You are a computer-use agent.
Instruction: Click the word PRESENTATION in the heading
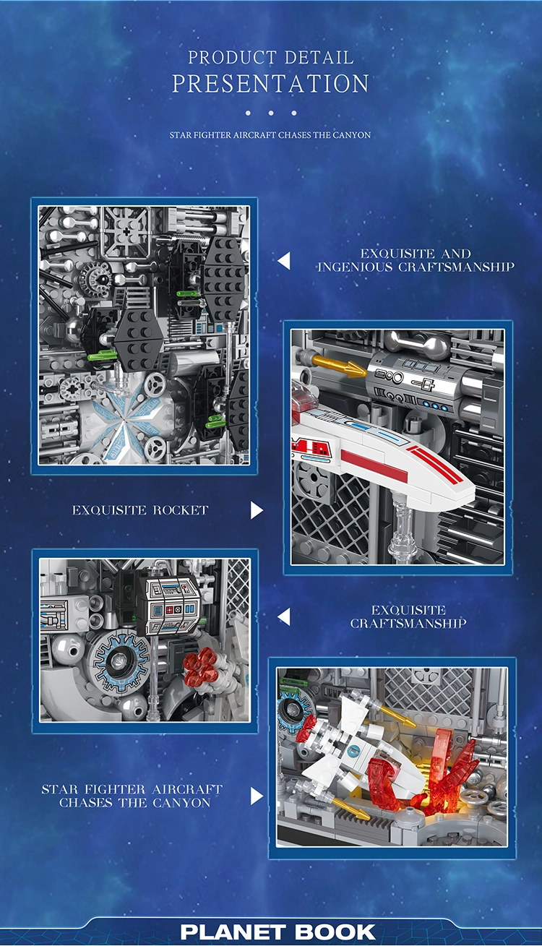coord(270,83)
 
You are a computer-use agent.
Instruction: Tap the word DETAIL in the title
coord(319,57)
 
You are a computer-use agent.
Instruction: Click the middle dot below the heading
coord(271,113)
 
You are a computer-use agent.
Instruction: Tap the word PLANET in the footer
coord(233,932)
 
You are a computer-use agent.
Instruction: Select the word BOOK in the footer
coord(335,932)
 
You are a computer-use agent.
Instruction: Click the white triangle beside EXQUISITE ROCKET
coord(257,510)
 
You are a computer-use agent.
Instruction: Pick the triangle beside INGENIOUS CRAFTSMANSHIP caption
coord(284,261)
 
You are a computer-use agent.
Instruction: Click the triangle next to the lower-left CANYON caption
coord(257,796)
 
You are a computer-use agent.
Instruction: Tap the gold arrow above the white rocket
coord(339,365)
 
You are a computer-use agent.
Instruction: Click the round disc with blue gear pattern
coord(121,660)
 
